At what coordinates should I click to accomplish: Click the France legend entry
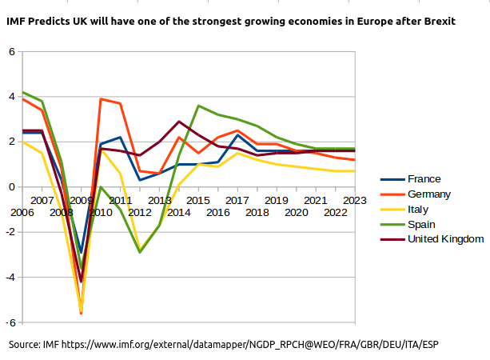pos(424,179)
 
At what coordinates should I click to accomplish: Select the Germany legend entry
pos(429,194)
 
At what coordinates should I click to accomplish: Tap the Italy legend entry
pos(418,210)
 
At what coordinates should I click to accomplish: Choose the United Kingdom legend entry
pos(445,240)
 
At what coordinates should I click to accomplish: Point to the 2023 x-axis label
pos(354,199)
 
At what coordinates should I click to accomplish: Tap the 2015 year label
pos(197,199)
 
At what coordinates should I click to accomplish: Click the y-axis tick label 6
pos(11,52)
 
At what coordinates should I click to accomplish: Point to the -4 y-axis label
pos(10,277)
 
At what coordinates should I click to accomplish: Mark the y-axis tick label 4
pos(11,97)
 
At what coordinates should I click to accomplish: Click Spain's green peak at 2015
pos(198,106)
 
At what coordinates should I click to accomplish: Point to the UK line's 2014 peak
pos(178,122)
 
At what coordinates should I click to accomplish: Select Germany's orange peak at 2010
pos(101,99)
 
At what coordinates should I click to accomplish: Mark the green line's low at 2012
pos(140,252)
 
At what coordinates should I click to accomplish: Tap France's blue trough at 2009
pos(81,252)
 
